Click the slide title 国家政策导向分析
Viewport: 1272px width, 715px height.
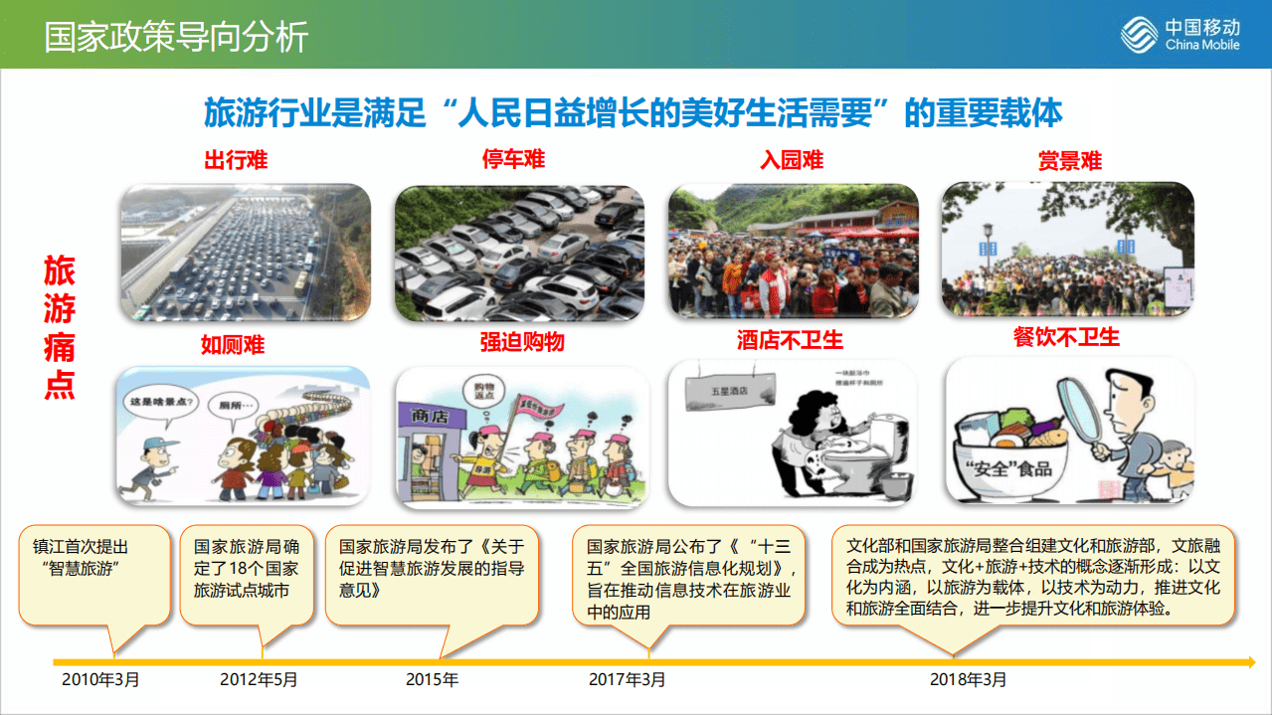coord(176,36)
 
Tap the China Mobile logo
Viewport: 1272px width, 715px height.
coord(1180,35)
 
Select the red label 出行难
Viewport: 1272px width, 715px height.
coord(236,161)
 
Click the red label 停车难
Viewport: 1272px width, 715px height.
coord(513,160)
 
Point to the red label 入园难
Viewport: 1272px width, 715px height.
coord(792,160)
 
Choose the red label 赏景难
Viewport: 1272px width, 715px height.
coord(1070,161)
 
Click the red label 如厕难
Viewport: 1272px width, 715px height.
coord(233,345)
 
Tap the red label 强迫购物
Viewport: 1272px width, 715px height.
coord(522,342)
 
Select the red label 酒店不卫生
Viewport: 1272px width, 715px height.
coord(790,341)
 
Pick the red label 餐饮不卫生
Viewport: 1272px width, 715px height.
coord(1066,337)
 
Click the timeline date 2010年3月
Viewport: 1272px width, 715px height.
coord(100,680)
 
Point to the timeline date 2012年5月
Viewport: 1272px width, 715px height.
coord(259,680)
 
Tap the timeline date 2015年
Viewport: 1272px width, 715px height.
coord(432,680)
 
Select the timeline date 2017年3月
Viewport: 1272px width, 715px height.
coord(627,680)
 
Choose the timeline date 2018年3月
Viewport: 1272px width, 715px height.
coord(968,680)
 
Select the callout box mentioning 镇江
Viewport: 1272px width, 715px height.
coord(94,576)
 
